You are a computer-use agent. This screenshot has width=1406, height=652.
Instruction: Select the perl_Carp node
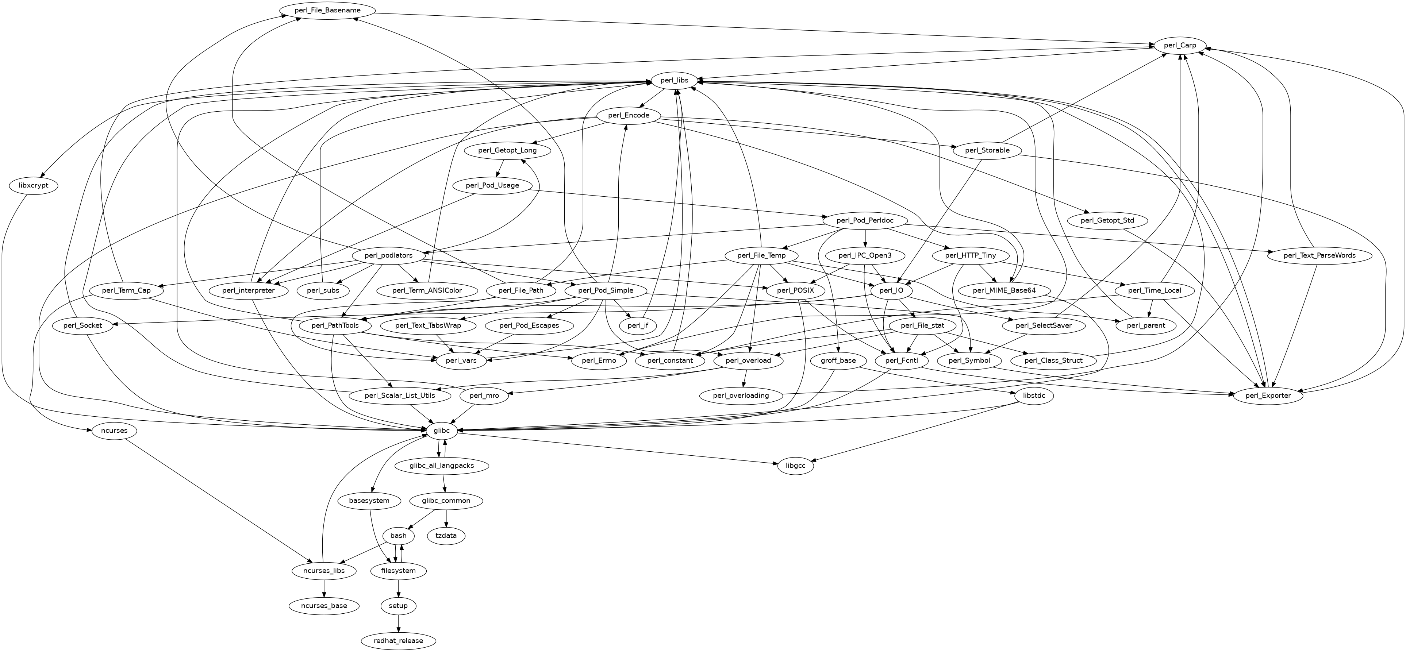coord(1180,45)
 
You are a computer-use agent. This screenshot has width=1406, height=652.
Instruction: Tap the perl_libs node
coord(674,81)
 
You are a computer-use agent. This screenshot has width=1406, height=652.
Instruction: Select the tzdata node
coord(446,536)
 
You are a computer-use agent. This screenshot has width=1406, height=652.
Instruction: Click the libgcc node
coord(795,466)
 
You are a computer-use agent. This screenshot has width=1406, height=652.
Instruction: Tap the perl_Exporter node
coord(1268,396)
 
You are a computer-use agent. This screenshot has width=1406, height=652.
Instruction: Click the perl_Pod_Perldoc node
coord(865,220)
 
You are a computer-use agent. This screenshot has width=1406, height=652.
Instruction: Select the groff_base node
coord(838,360)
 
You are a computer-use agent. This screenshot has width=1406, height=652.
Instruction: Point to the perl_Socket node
coord(82,326)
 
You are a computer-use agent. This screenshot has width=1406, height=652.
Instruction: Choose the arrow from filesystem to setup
coord(399,588)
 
